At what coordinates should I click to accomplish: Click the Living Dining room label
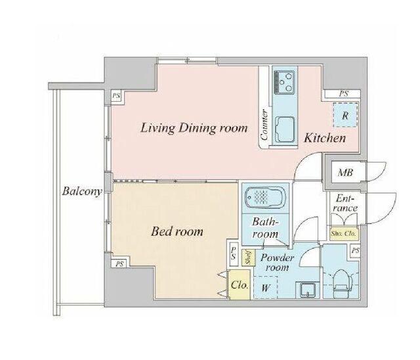[194, 128]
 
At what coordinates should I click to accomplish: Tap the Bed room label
[177, 231]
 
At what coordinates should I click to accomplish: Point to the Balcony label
[82, 191]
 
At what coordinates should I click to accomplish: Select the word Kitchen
[325, 138]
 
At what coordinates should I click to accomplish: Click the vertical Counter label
[264, 125]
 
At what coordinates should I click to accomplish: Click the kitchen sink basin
[285, 129]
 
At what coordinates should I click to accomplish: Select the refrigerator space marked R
[345, 115]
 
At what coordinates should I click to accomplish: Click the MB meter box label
[345, 172]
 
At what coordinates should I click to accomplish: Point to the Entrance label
[346, 203]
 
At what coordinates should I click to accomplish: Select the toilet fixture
[343, 283]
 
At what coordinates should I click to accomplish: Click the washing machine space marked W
[265, 287]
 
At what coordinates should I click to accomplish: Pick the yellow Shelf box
[248, 258]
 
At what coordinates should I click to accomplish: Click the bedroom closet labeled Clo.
[239, 284]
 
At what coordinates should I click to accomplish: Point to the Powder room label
[277, 262]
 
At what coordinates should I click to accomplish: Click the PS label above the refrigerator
[344, 94]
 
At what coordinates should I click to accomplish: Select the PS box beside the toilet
[355, 251]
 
